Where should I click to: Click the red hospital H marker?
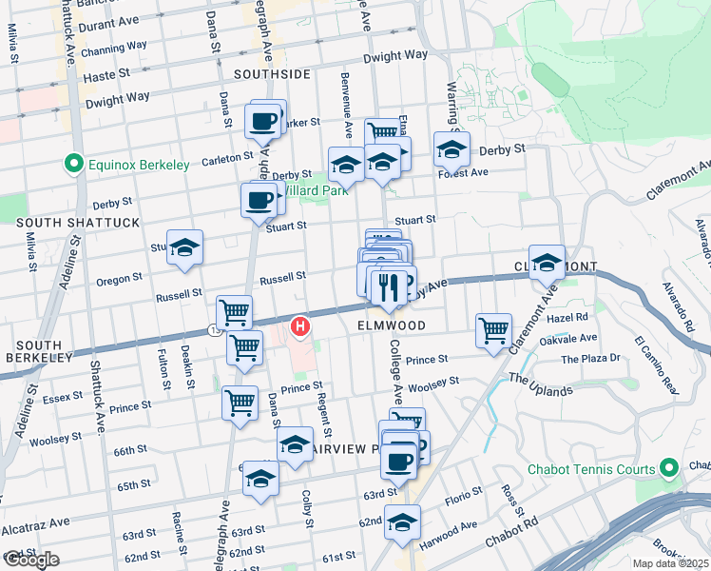tap(301, 328)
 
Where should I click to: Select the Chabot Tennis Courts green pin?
tap(668, 469)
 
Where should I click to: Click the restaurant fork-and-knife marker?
tap(387, 285)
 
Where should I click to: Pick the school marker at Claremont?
tap(547, 263)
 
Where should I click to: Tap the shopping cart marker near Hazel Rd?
tap(493, 331)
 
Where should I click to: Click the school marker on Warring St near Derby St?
tap(452, 148)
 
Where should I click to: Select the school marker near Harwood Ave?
tap(403, 522)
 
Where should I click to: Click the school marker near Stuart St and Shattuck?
tap(184, 247)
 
